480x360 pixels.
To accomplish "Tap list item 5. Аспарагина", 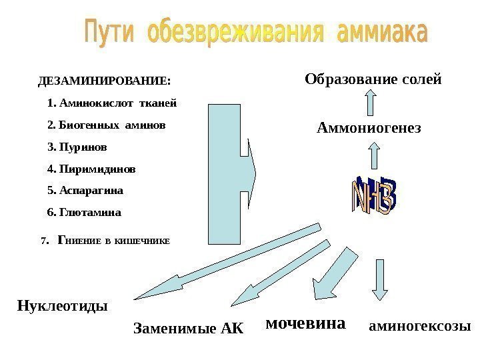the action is pos(86,191).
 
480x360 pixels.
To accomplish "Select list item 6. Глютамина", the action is pos(85,213).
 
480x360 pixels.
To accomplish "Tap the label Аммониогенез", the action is pos(369,127).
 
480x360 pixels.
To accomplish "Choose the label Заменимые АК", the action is pos(189,328).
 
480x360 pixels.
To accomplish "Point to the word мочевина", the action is pos(306,324).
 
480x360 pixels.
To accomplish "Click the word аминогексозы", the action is pos(419,327).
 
